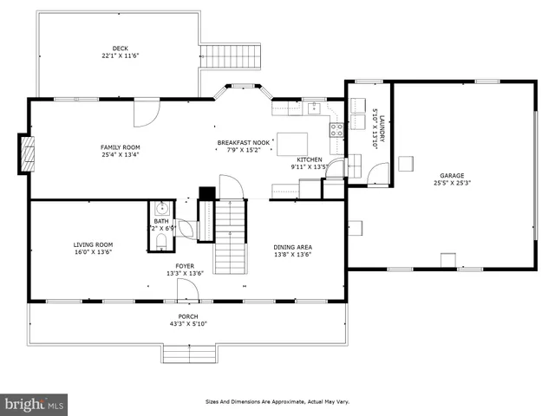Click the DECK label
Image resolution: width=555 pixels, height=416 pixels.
(121, 48)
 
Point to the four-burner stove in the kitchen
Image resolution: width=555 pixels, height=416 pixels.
(335, 132)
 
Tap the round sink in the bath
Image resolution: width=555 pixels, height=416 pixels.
(161, 209)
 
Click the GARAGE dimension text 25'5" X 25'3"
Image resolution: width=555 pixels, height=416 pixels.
(452, 183)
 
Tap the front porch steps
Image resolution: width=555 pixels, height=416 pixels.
(188, 354)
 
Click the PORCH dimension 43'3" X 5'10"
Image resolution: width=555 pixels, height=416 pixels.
(188, 324)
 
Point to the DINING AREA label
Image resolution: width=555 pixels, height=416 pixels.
(293, 247)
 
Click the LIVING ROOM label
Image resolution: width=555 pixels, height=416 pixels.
(93, 244)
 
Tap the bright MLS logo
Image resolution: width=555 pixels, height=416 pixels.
(35, 403)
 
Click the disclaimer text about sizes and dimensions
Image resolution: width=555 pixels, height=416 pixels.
(276, 401)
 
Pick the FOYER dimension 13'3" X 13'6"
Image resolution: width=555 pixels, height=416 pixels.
(185, 273)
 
